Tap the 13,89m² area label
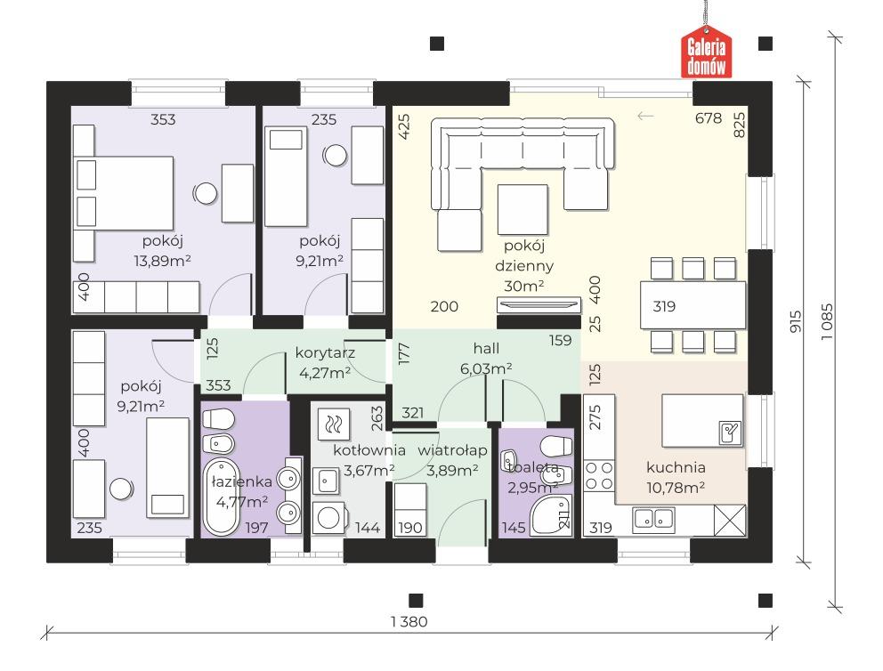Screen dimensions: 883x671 pyautogui.click(x=162, y=261)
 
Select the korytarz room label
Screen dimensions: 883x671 pyautogui.click(x=325, y=353)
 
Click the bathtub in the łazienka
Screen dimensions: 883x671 pyautogui.click(x=222, y=497)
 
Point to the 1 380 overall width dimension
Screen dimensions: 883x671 pyautogui.click(x=409, y=621)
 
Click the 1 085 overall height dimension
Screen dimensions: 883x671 pyautogui.click(x=827, y=321)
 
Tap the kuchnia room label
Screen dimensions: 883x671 pyautogui.click(x=676, y=467)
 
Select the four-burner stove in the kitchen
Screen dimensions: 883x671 pyautogui.click(x=599, y=475)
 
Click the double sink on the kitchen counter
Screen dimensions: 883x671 pyautogui.click(x=653, y=520)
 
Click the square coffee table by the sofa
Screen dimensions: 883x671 pyautogui.click(x=523, y=209)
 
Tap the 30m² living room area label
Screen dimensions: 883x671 pyautogui.click(x=523, y=286)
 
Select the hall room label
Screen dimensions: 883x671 pyautogui.click(x=486, y=349)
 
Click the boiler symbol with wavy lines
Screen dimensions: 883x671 pyautogui.click(x=334, y=424)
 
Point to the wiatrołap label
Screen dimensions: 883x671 pyautogui.click(x=452, y=450)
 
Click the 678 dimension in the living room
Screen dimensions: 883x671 pyautogui.click(x=709, y=117)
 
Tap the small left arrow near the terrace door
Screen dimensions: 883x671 pyautogui.click(x=645, y=116)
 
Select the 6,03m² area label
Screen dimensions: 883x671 pyautogui.click(x=486, y=368)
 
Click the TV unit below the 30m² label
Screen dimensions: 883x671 pyautogui.click(x=539, y=304)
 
